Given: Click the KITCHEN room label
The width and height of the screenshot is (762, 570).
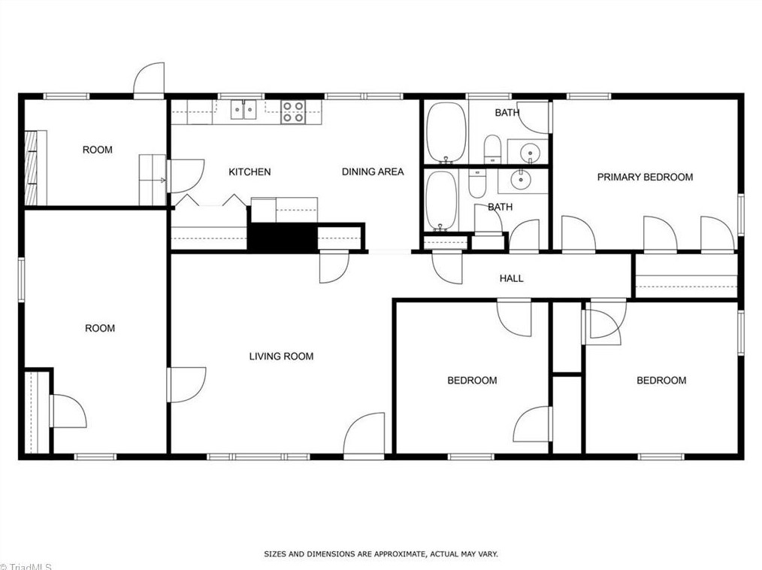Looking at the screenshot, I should click(249, 172).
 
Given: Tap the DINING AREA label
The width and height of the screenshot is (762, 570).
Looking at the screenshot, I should click(373, 172).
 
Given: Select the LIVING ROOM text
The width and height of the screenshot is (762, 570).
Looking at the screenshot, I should click(281, 356).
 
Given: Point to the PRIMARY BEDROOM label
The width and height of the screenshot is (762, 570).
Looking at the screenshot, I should click(645, 177).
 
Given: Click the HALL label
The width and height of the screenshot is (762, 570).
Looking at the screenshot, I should click(511, 279).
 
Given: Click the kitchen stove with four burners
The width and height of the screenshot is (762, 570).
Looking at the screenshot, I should click(293, 112).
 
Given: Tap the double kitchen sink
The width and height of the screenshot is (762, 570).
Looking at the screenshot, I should click(243, 111).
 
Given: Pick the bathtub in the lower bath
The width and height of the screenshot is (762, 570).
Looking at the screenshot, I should click(440, 200).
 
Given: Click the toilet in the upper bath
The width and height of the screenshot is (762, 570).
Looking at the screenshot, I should click(492, 148).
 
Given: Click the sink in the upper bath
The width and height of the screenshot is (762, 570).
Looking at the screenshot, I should click(529, 153).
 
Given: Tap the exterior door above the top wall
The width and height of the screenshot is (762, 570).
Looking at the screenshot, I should click(149, 80).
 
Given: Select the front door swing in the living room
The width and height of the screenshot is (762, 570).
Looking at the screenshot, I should click(366, 435).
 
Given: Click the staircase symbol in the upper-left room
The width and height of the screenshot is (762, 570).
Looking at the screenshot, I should click(32, 168).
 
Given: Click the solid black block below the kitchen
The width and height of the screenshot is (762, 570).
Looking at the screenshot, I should click(281, 237).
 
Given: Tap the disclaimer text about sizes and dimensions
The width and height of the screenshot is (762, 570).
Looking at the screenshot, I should click(380, 554).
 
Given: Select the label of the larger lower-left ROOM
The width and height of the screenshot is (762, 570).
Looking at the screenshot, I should click(99, 329).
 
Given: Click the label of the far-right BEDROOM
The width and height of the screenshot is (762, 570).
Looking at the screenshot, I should click(661, 381).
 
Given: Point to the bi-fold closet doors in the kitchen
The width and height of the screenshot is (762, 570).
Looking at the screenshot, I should click(211, 202).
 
